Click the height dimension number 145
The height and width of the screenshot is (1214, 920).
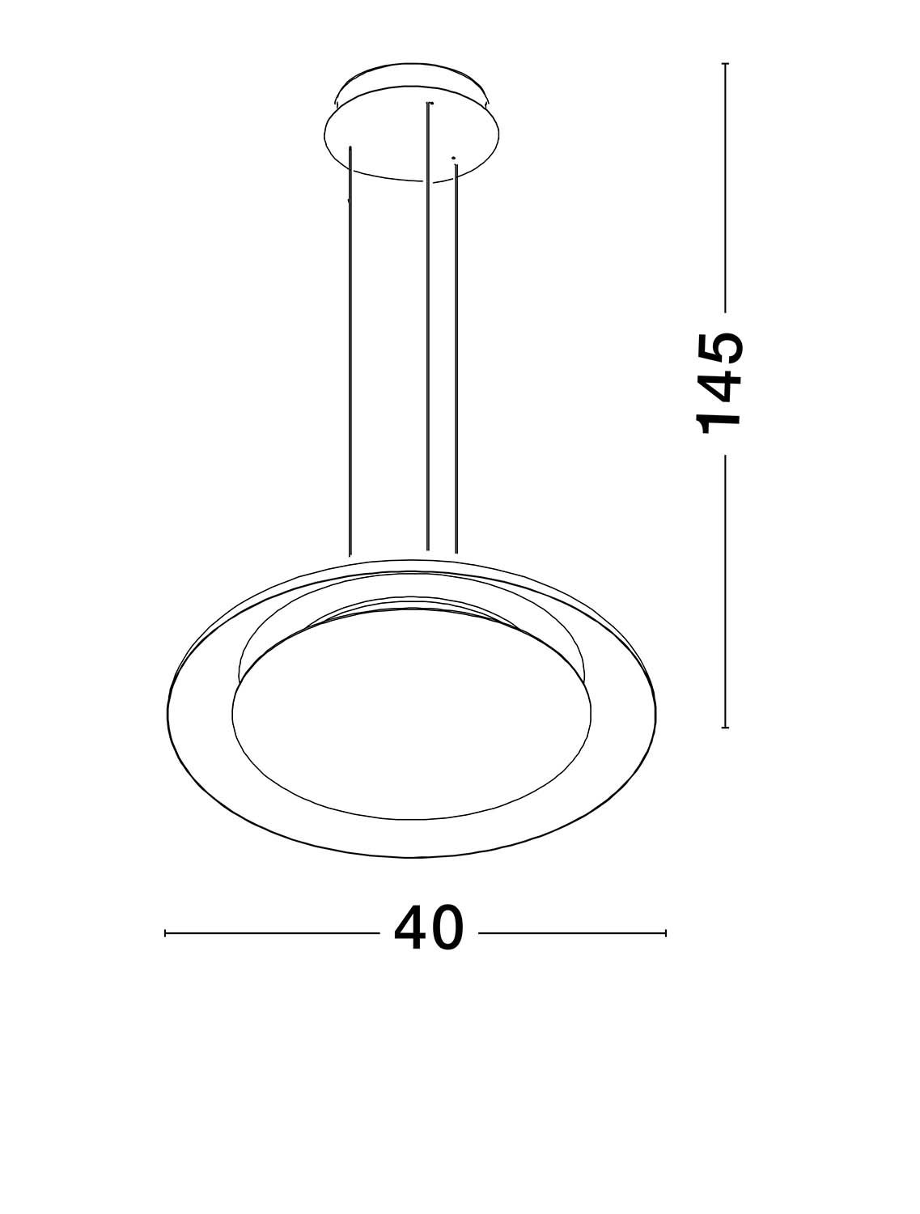coord(720,383)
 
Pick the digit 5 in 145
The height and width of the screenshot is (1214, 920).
coord(720,347)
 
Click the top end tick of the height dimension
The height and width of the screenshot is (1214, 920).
coord(725,64)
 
